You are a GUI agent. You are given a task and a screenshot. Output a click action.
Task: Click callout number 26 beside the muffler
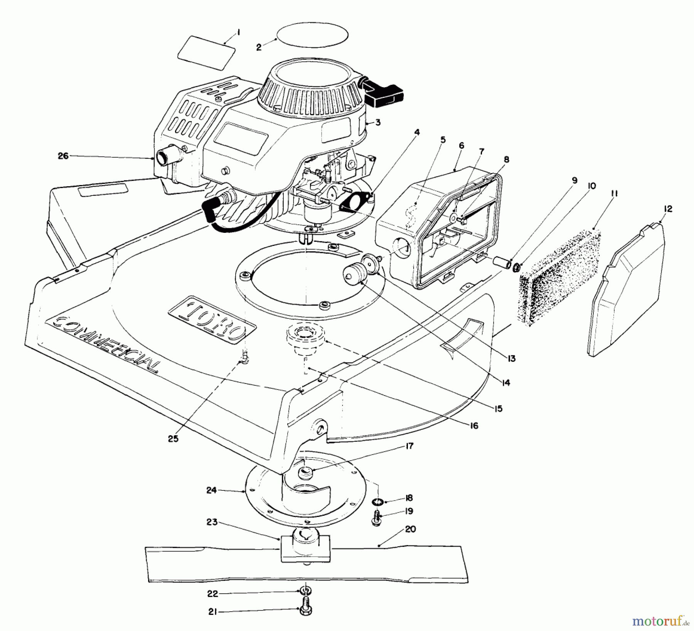coord(63,156)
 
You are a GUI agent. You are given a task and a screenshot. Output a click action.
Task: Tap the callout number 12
coord(668,209)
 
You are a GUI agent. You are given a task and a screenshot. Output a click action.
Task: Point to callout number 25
coord(173,438)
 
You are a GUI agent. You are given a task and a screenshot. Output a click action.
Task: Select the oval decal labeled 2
coord(313,39)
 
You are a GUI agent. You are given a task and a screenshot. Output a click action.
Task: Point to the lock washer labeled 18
coord(378,502)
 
